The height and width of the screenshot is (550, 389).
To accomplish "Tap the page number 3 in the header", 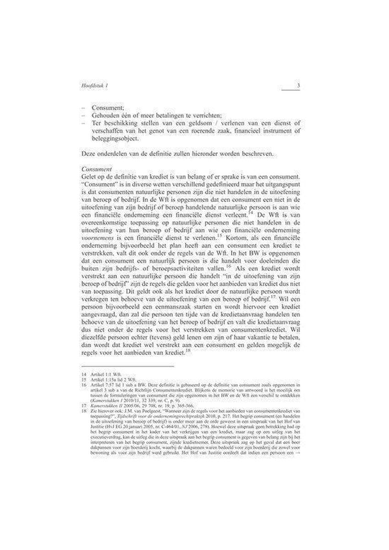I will click(298, 85).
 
